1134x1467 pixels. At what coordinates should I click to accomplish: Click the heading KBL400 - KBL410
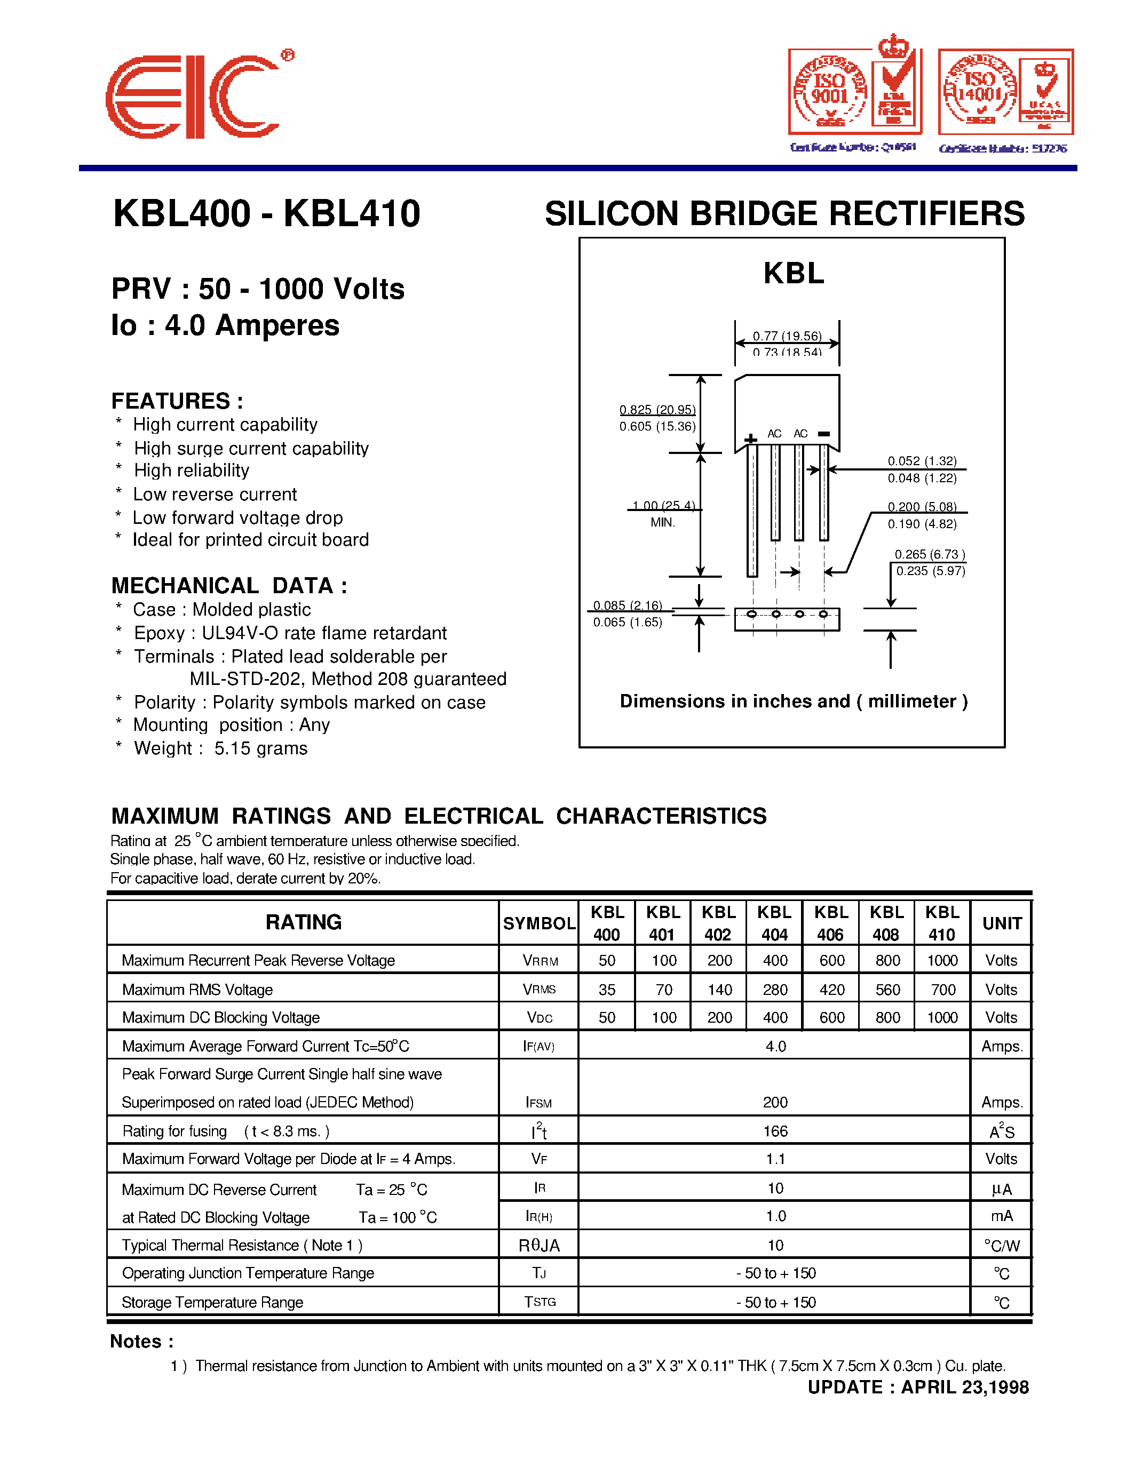267,213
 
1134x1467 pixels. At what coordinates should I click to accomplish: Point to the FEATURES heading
177,401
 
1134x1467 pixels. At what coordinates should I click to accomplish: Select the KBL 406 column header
830,923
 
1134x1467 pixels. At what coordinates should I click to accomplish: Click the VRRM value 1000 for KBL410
942,961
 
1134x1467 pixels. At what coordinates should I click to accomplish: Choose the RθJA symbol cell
539,1245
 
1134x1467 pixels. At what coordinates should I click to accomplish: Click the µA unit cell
1001,1189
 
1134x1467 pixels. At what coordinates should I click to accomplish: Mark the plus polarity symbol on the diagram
750,439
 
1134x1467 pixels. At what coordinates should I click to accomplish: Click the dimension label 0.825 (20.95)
657,410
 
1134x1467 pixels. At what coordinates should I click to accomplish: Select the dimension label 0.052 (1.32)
922,461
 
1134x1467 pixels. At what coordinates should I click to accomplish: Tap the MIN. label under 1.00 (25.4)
662,523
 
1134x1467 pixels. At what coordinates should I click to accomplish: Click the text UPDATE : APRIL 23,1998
918,1387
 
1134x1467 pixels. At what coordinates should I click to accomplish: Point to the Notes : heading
142,1342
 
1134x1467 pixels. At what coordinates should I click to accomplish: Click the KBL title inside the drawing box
794,273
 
